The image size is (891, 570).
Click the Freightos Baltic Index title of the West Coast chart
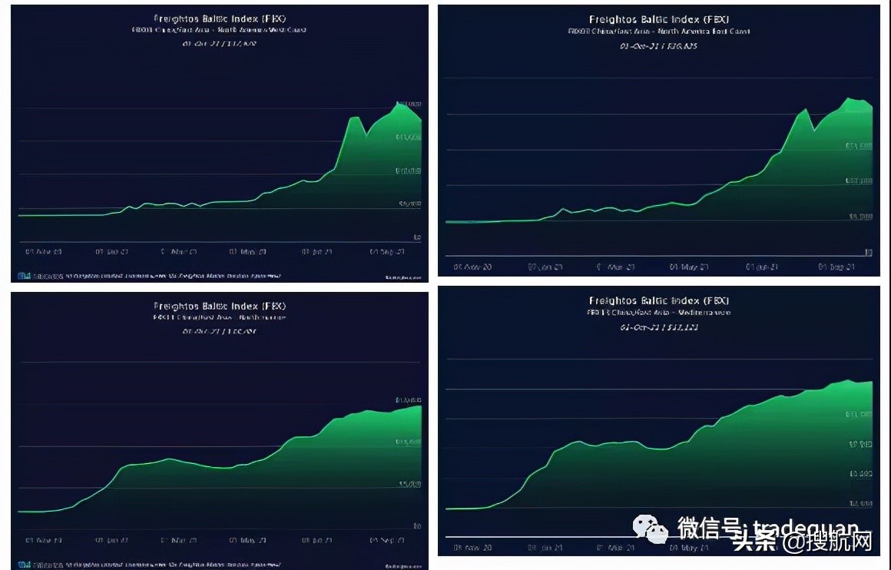click(x=220, y=18)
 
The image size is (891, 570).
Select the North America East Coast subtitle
click(x=660, y=31)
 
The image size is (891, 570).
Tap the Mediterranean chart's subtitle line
click(x=659, y=313)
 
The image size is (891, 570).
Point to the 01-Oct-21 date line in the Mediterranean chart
click(x=659, y=327)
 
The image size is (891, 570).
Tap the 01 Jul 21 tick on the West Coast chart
click(x=317, y=251)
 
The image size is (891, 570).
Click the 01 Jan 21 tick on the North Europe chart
click(x=112, y=541)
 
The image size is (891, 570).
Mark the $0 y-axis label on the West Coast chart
click(x=418, y=237)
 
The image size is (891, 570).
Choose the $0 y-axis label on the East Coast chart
click(x=869, y=252)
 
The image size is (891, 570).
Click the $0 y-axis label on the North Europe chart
click(x=418, y=526)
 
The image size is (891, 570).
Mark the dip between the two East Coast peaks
click(x=814, y=131)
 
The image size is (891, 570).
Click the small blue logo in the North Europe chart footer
click(x=24, y=564)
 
